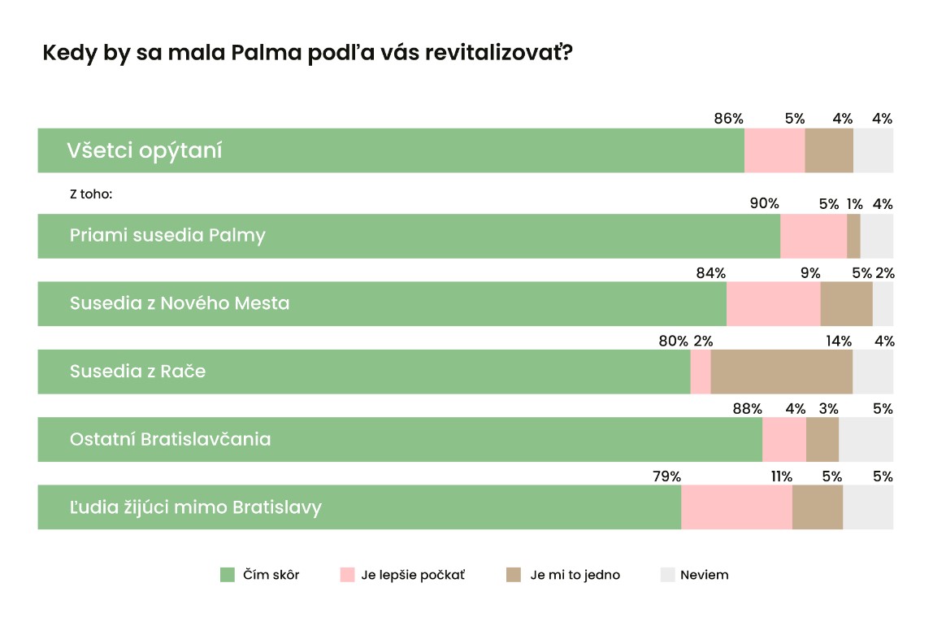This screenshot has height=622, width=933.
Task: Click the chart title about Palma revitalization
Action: pos(308,54)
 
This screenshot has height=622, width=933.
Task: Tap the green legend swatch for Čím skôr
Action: pos(228,575)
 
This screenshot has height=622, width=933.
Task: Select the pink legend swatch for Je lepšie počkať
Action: pos(346,575)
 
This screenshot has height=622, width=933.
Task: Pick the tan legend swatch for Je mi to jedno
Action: pos(514,575)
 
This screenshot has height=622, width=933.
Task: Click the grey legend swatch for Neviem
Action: pos(667,575)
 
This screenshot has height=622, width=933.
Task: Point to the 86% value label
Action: pos(728,119)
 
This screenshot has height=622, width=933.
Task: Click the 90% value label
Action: pos(764,204)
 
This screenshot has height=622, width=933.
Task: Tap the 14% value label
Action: pos(839,341)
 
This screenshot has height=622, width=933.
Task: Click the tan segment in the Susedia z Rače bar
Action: pos(781,372)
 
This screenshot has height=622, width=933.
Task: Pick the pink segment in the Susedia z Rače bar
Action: pos(701,372)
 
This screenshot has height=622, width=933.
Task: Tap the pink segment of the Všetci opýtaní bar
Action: pos(775,150)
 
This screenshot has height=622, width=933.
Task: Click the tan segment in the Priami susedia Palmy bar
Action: pos(853,236)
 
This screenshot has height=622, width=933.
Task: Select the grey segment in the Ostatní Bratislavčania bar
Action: pos(866,439)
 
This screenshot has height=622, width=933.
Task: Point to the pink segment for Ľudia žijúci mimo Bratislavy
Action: pos(736,507)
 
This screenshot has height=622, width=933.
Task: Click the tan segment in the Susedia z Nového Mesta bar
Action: pos(846,303)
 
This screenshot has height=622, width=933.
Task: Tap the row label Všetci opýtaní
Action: pos(145,150)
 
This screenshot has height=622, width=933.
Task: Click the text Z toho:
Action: pos(90,195)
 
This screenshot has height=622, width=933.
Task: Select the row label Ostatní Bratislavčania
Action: pos(170,439)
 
